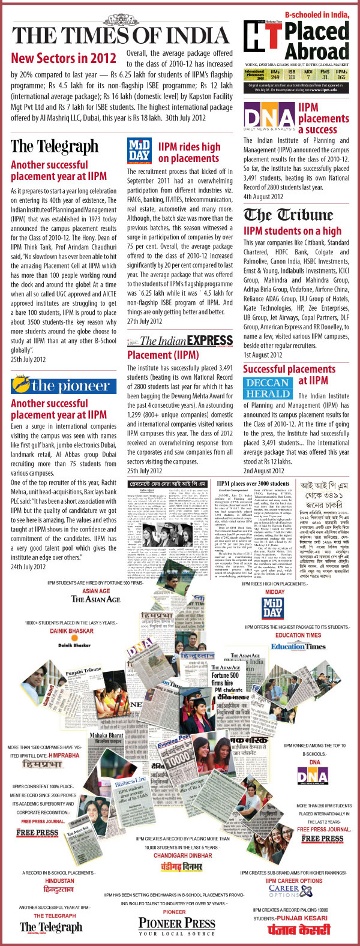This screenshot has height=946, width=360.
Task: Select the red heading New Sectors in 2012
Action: pyautogui.click(x=64, y=58)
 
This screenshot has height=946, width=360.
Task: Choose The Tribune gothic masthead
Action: pyautogui.click(x=288, y=215)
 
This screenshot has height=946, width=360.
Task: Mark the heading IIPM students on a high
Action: pyautogui.click(x=292, y=231)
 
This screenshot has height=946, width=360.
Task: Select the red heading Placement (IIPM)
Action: pyautogui.click(x=163, y=355)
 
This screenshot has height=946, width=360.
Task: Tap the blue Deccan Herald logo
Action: pyautogui.click(x=267, y=388)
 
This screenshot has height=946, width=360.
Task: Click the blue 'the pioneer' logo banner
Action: pyautogui.click(x=64, y=385)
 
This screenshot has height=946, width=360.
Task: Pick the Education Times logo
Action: pyautogui.click(x=298, y=646)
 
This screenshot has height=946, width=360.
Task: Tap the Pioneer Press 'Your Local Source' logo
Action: pyautogui.click(x=176, y=926)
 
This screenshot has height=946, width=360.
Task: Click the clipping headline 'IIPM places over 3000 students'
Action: pyautogui.click(x=253, y=483)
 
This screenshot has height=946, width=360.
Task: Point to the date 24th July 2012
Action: pyautogui.click(x=28, y=567)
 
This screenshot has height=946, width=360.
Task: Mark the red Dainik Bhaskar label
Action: pyautogui.click(x=71, y=631)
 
